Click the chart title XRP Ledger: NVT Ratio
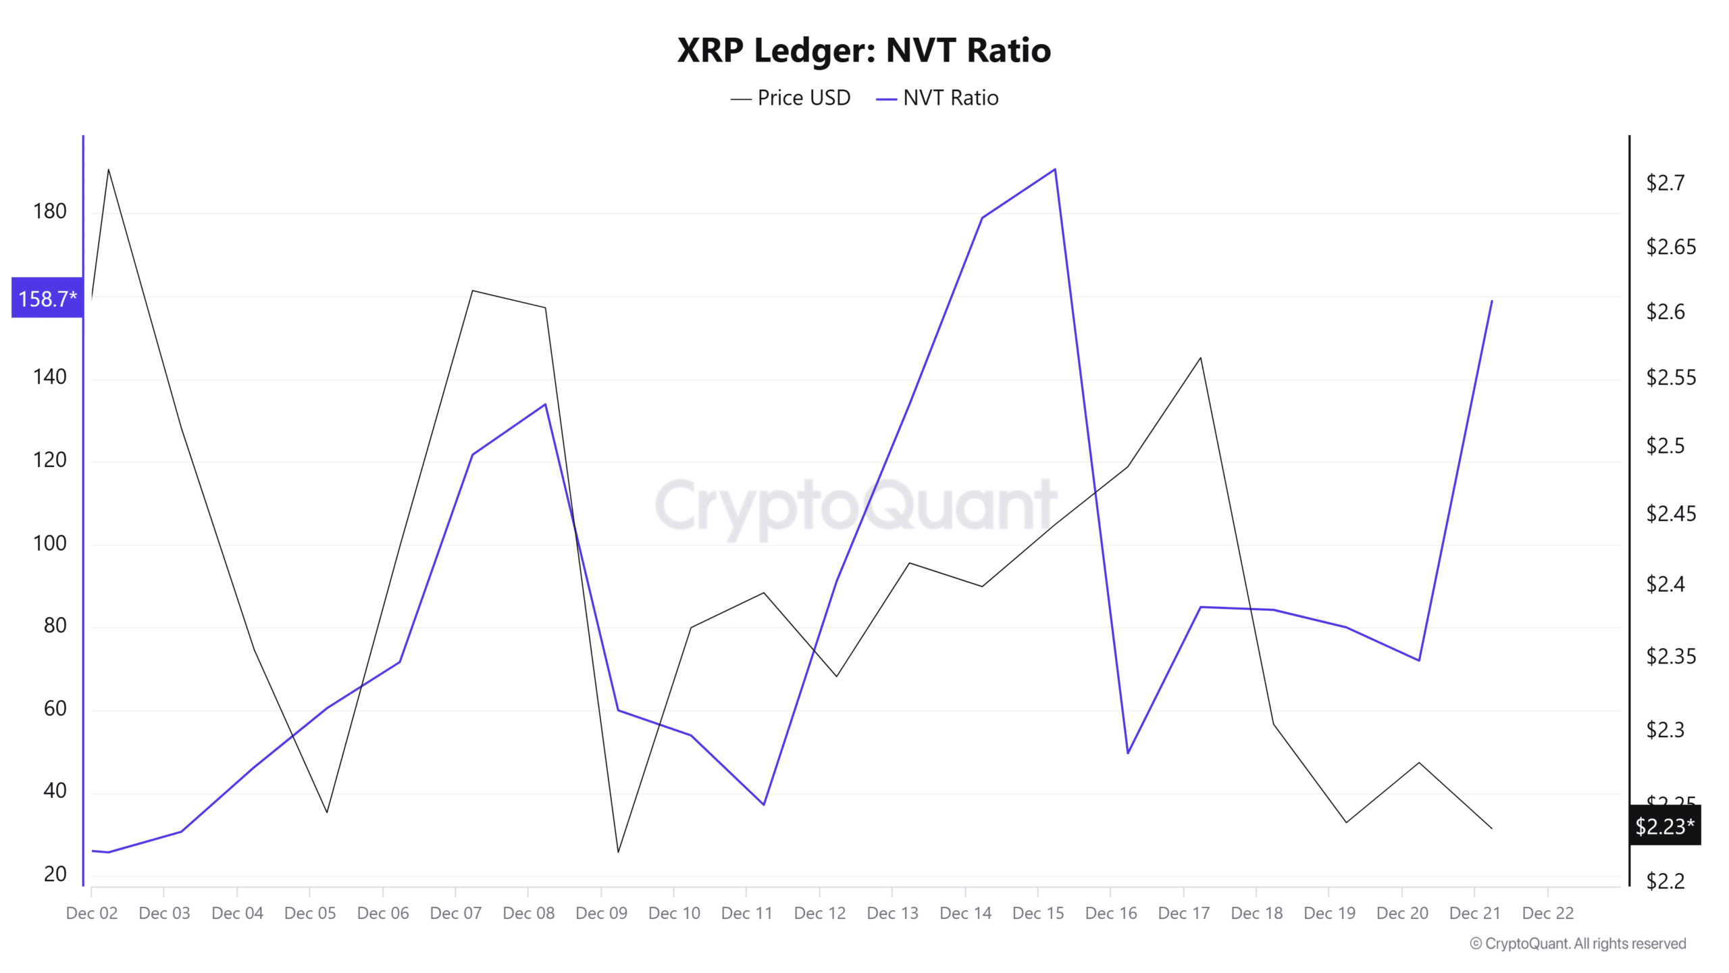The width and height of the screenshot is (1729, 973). click(864, 50)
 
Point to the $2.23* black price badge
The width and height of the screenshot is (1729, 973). click(1664, 826)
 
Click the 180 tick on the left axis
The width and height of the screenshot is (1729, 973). click(50, 211)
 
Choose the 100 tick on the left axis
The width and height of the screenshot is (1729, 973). click(50, 543)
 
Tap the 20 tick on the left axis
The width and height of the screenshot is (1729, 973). click(55, 874)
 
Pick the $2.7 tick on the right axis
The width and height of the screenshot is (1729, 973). click(1666, 182)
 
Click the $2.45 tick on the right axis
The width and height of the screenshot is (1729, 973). click(1671, 514)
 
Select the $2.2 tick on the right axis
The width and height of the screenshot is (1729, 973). click(1666, 881)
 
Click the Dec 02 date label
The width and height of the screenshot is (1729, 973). click(92, 913)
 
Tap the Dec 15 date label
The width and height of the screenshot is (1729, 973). click(1038, 913)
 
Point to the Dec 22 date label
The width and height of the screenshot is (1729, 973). click(1548, 913)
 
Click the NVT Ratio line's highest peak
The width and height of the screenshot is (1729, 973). click(1055, 169)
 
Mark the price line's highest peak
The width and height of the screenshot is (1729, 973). click(109, 169)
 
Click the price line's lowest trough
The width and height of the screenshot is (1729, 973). click(618, 852)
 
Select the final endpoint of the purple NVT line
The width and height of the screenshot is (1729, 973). click(1492, 301)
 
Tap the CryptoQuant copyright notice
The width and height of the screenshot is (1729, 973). click(1578, 943)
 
